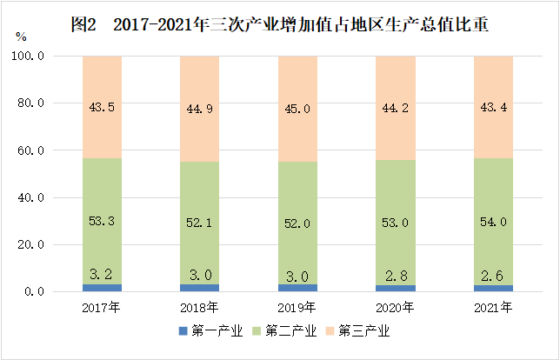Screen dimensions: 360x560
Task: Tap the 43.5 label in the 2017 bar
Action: [x=103, y=107]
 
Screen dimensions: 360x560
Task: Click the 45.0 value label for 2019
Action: [x=297, y=109]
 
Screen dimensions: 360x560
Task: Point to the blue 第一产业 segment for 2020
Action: [x=395, y=288]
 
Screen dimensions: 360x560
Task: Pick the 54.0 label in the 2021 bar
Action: [x=492, y=222]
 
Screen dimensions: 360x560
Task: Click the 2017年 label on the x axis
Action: [x=103, y=308]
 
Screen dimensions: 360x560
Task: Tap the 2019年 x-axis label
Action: [x=297, y=308]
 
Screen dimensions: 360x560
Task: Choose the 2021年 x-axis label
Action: [x=492, y=308]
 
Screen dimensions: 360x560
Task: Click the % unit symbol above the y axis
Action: [x=22, y=37]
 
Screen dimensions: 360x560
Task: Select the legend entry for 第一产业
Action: [x=210, y=331]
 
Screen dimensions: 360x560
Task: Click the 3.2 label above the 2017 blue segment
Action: [x=103, y=274]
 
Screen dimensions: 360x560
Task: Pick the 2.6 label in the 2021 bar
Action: [x=492, y=275]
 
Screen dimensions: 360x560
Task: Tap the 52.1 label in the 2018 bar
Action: [x=200, y=223]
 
